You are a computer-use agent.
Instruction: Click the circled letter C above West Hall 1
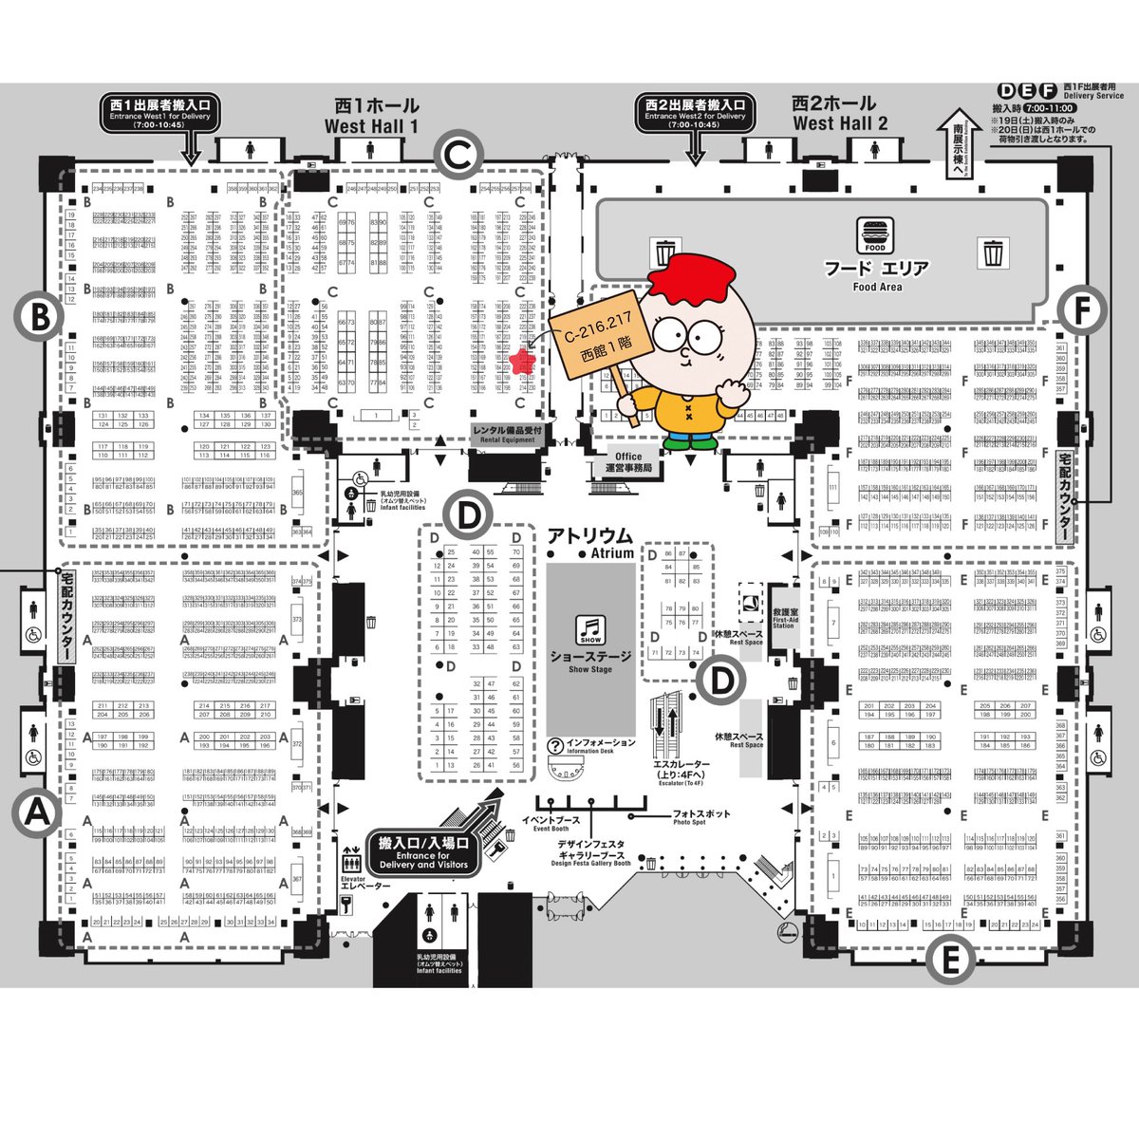click(x=458, y=153)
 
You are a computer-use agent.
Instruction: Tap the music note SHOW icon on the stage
click(x=590, y=629)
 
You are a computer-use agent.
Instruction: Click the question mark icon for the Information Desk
click(x=555, y=747)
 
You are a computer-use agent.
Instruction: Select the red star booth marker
click(x=520, y=361)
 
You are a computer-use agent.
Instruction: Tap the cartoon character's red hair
click(x=692, y=271)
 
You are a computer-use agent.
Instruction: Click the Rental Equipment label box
click(x=509, y=434)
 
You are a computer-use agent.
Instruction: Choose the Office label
click(x=628, y=462)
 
